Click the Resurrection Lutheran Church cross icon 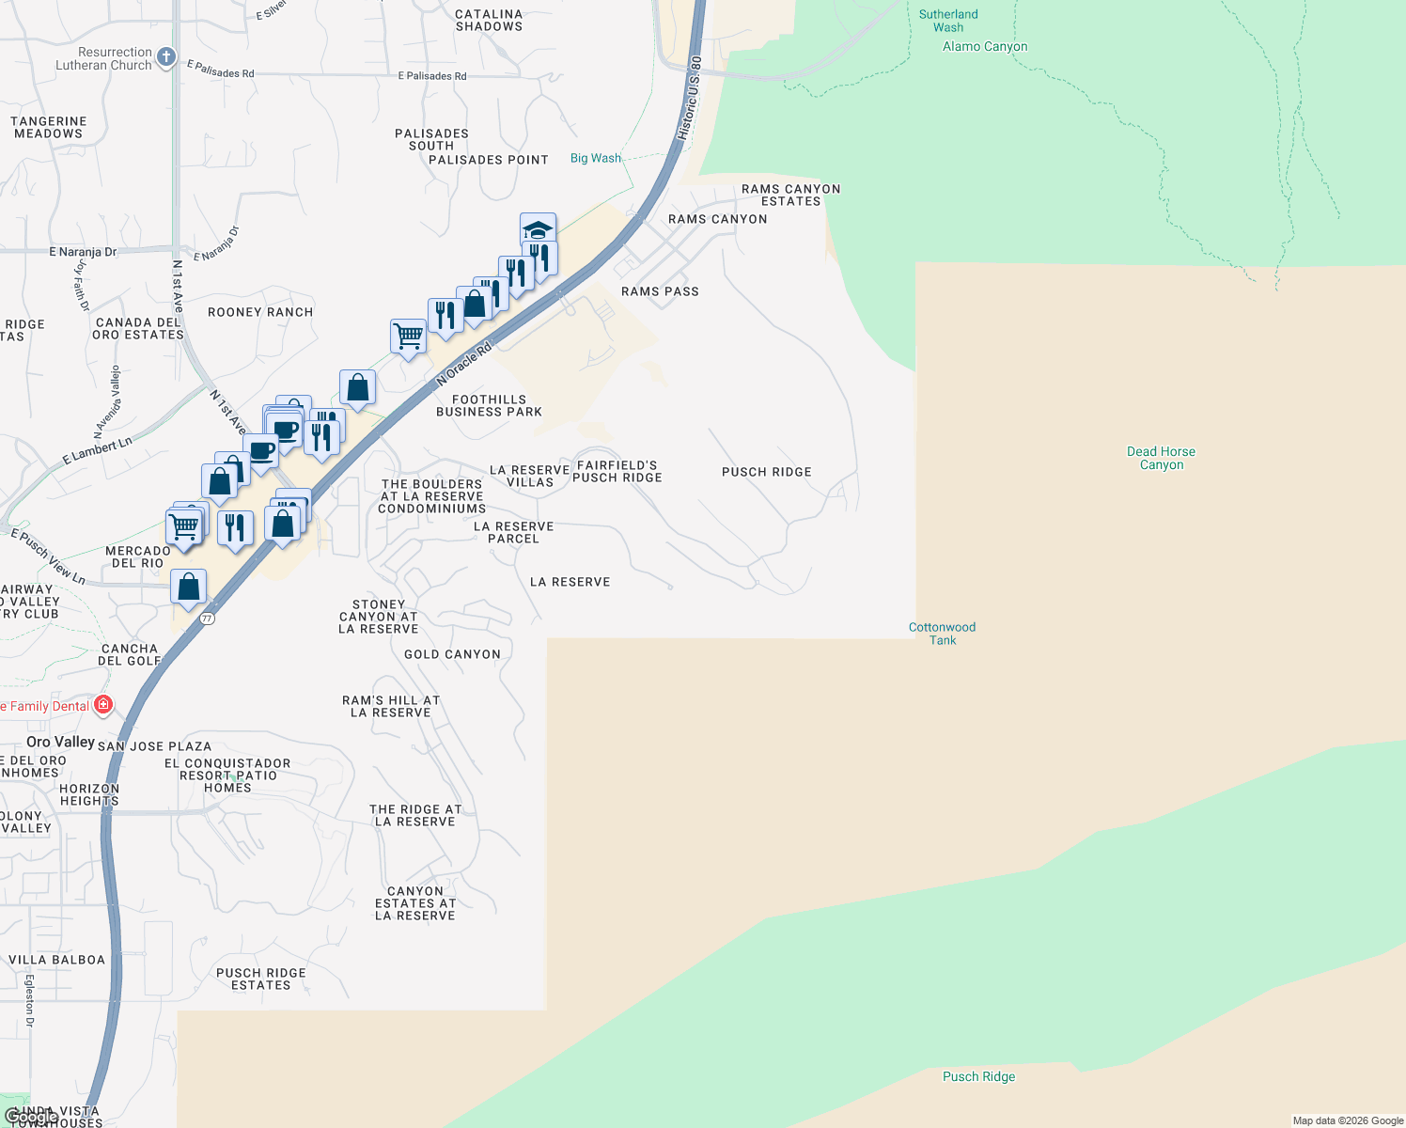click(166, 57)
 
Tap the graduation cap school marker click(538, 230)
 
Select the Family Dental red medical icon click(103, 705)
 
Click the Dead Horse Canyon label click(1161, 458)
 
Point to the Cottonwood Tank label click(942, 634)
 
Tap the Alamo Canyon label click(984, 47)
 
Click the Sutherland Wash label click(947, 21)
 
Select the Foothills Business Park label click(489, 406)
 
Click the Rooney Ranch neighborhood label click(260, 312)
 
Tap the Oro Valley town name click(61, 742)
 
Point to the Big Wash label click(596, 158)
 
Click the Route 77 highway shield click(208, 619)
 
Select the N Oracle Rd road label click(464, 365)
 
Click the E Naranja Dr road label click(84, 252)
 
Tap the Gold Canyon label click(452, 654)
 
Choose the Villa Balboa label click(56, 960)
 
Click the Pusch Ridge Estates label click(260, 979)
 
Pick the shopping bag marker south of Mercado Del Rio click(189, 587)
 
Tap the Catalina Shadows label click(489, 21)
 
